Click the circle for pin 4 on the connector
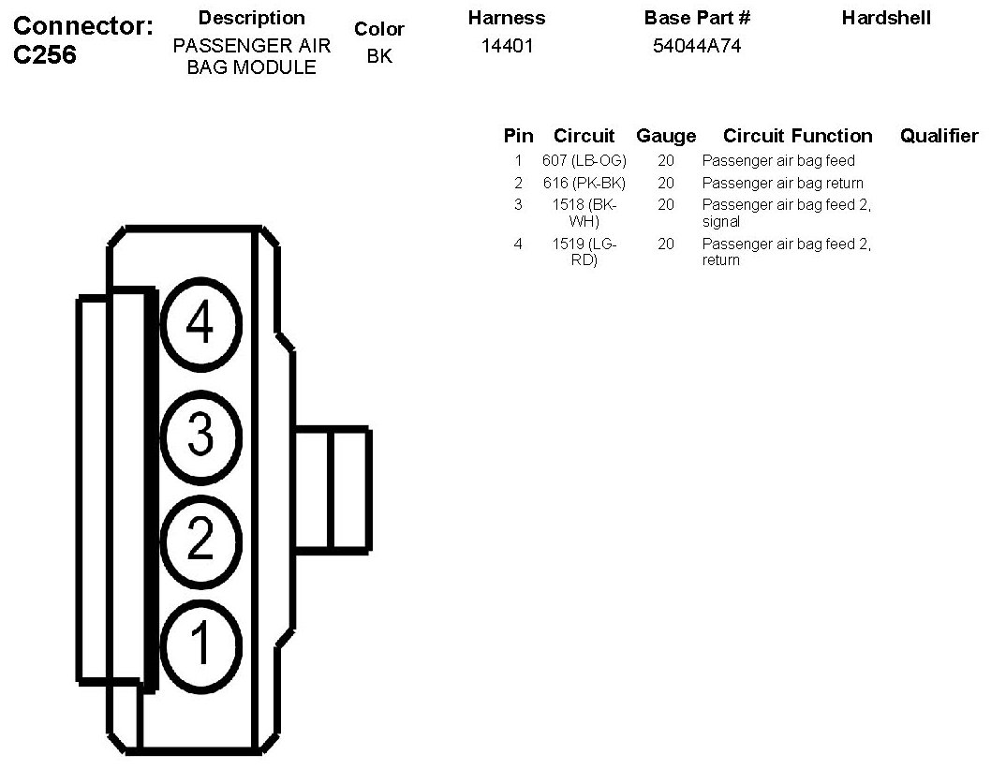click(200, 324)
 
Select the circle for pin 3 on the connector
click(200, 434)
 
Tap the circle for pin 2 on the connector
click(200, 539)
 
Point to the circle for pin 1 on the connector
click(200, 644)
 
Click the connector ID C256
click(45, 55)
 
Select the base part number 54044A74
click(696, 46)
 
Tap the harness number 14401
click(507, 46)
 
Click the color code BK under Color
click(379, 56)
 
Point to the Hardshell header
click(885, 18)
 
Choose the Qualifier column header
click(939, 136)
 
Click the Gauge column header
click(666, 136)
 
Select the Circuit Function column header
click(797, 136)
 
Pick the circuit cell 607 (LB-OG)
click(584, 161)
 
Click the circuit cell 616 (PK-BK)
click(584, 183)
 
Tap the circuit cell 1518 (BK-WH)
click(584, 213)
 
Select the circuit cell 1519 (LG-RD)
click(584, 252)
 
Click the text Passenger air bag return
click(782, 183)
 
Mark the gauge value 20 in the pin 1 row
click(666, 161)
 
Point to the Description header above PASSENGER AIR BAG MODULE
click(251, 18)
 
